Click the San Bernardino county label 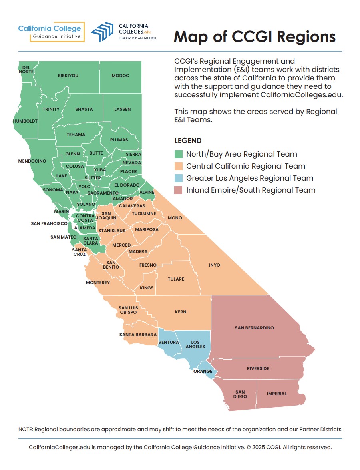[x=254, y=328]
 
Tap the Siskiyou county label [x=68, y=76]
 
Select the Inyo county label [x=215, y=265]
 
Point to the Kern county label [x=180, y=312]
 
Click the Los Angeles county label [x=195, y=344]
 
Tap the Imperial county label [x=276, y=394]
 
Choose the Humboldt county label [x=25, y=121]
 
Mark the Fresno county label [x=148, y=265]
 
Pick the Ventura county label [x=169, y=343]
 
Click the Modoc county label [x=120, y=76]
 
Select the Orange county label [x=203, y=371]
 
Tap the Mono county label [x=175, y=218]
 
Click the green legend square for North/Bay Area [x=179, y=154]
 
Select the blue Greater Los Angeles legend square [x=179, y=178]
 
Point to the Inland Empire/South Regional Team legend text [x=251, y=190]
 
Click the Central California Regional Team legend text [x=246, y=166]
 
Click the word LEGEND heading [x=188, y=141]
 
